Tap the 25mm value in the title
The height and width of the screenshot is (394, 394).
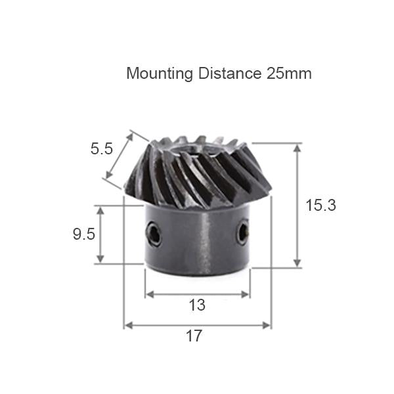289,74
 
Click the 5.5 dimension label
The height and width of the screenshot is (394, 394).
102,149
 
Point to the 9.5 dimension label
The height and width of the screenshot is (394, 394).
84,234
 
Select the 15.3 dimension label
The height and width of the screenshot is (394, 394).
321,205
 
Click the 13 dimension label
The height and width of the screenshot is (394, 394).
197,305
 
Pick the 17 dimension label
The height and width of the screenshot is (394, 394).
194,336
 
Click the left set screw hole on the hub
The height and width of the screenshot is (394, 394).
154,233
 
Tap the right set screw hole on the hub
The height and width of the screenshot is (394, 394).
243,232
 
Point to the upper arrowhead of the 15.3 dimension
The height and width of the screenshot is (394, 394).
297,148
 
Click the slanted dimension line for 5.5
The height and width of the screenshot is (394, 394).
119,158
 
